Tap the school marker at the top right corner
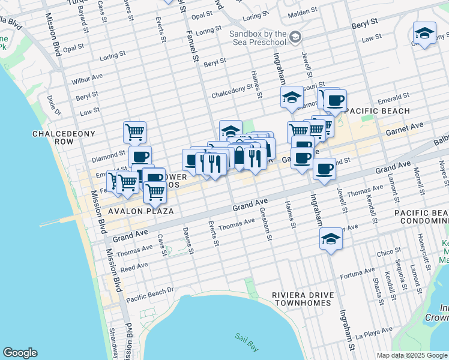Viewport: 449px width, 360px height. [424, 34]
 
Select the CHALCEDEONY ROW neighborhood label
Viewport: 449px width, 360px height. [53, 137]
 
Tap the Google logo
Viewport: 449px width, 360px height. [20, 353]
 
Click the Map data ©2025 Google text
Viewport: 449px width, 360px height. [411, 355]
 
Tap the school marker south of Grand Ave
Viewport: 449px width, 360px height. [331, 238]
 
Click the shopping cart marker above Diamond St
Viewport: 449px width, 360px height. [135, 131]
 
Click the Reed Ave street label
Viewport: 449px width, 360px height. [134, 266]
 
